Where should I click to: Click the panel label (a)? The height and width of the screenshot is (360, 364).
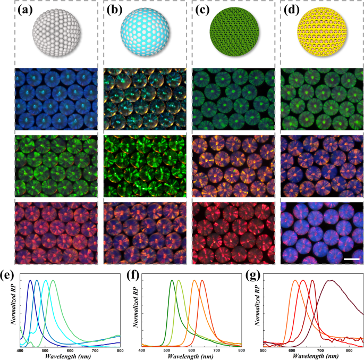15,9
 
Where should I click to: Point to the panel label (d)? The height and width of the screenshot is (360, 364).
290,9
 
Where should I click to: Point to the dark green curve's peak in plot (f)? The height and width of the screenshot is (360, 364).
172,280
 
